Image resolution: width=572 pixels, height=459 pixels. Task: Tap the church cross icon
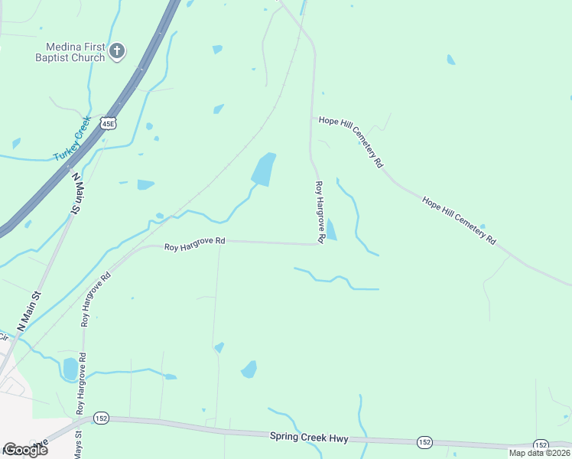tap(117, 51)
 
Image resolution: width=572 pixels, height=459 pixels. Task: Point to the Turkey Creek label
tap(72, 139)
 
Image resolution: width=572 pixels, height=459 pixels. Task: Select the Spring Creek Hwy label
tap(309, 438)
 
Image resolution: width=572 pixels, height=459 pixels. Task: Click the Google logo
tap(24, 450)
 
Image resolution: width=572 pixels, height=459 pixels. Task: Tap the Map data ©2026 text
tap(539, 453)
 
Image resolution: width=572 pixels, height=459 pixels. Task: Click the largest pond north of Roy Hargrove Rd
tap(262, 169)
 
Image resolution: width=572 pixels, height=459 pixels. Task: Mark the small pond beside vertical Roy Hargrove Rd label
tap(331, 229)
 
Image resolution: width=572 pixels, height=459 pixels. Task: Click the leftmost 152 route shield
tap(101, 418)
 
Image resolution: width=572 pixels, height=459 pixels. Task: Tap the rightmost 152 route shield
tap(541, 445)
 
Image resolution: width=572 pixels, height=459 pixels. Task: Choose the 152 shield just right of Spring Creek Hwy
tap(425, 442)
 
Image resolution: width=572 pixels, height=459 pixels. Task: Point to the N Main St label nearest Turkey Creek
tap(76, 194)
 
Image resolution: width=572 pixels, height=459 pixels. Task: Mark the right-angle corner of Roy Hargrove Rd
tap(319, 244)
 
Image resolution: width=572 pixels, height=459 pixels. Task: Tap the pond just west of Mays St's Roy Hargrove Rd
tap(70, 369)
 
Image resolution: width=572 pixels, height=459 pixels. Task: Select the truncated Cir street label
tap(4, 337)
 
